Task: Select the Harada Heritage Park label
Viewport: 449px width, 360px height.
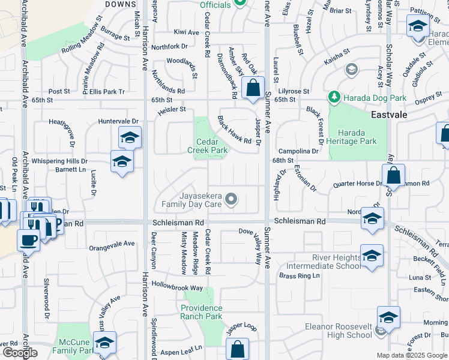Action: (357, 137)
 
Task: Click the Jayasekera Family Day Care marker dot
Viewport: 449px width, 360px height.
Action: (230, 200)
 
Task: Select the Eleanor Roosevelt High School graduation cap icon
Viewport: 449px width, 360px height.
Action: (388, 318)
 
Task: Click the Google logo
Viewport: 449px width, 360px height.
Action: (20, 352)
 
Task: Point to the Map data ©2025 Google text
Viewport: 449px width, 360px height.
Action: (412, 355)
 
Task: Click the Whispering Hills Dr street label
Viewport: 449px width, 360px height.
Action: (59, 161)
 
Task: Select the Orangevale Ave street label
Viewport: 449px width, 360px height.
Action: (112, 244)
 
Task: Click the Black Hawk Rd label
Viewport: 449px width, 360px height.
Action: (234, 130)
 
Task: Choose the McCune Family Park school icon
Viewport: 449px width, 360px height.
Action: (105, 343)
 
